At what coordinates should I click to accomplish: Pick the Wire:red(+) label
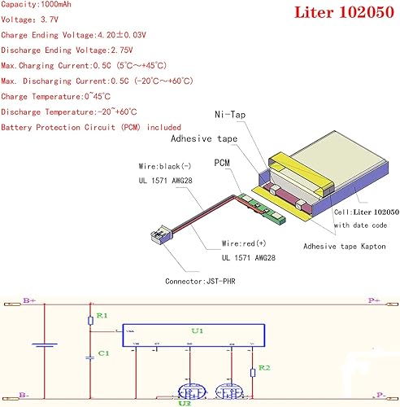[x=244, y=243]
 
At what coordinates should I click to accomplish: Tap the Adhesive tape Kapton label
[x=348, y=245]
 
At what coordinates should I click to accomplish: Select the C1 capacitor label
[x=102, y=352]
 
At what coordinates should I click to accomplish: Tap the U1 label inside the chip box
[x=197, y=331]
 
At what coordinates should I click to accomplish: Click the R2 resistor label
[x=265, y=368]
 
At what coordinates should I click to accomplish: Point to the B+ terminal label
[x=28, y=301]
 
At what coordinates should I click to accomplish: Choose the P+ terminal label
[x=373, y=300]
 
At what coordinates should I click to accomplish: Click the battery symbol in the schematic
[x=43, y=344]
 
